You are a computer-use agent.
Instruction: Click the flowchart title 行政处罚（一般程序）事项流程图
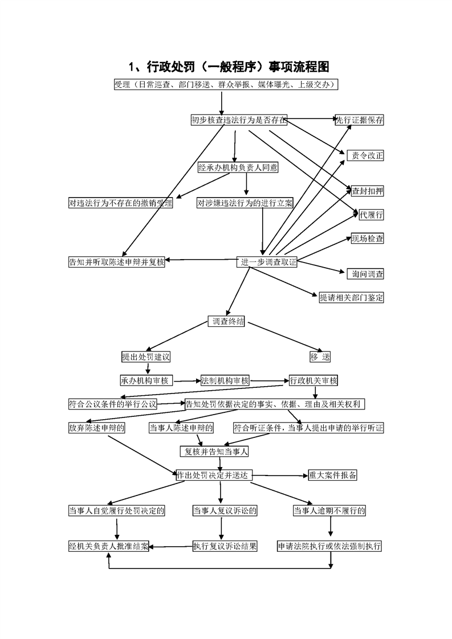click(x=229, y=67)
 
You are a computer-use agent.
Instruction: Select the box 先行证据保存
click(x=360, y=120)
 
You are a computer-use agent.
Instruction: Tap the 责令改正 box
click(x=365, y=155)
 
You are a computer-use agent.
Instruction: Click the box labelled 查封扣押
click(x=368, y=191)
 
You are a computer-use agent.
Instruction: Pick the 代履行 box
click(x=371, y=214)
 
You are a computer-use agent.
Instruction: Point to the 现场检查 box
click(x=368, y=239)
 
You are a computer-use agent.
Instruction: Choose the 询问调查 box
click(x=365, y=274)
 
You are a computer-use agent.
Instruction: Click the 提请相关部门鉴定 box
click(x=351, y=297)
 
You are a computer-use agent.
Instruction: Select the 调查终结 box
click(x=226, y=321)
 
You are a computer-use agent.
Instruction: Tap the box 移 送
click(x=320, y=357)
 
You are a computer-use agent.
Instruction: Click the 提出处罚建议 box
click(x=146, y=357)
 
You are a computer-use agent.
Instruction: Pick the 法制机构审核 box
click(x=225, y=380)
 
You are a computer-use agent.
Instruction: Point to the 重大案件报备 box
click(x=332, y=475)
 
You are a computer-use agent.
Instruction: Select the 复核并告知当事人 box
click(x=214, y=452)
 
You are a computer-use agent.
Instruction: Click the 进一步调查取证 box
click(x=267, y=262)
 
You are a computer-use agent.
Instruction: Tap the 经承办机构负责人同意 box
click(x=238, y=167)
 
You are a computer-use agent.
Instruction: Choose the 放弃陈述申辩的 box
click(x=97, y=428)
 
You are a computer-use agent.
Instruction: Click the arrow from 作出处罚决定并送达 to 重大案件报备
click(x=280, y=476)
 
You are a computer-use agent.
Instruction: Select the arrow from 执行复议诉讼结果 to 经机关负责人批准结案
click(x=171, y=547)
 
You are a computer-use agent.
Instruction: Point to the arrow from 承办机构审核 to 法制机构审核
click(x=187, y=381)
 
